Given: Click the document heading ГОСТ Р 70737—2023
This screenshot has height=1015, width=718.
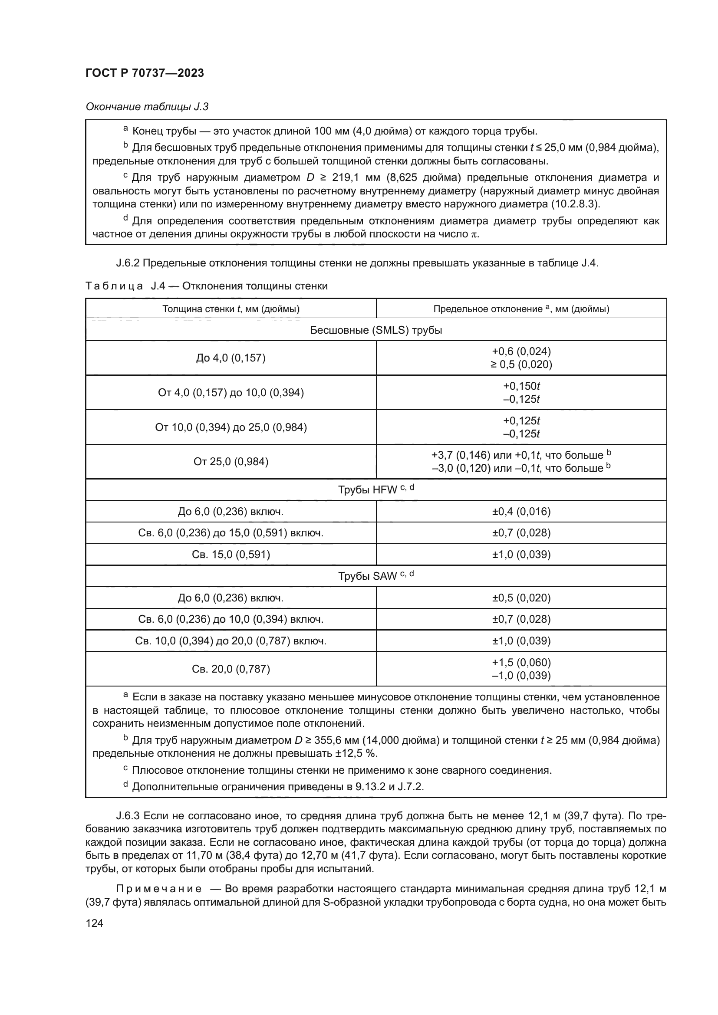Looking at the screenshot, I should (145, 73).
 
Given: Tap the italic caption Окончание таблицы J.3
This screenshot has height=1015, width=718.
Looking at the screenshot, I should (147, 107).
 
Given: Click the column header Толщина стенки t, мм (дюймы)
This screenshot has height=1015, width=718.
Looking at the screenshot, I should (231, 309).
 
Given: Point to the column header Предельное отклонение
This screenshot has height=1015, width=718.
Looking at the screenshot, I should (521, 309).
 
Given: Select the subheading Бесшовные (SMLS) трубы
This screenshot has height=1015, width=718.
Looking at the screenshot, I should (376, 330).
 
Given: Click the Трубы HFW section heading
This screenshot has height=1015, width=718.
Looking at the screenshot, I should (376, 490).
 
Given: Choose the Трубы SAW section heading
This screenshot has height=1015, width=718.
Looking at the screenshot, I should (376, 576).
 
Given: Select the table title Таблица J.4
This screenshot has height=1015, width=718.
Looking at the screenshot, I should (207, 286).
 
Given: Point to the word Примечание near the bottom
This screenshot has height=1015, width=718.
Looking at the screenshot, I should (159, 889).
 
